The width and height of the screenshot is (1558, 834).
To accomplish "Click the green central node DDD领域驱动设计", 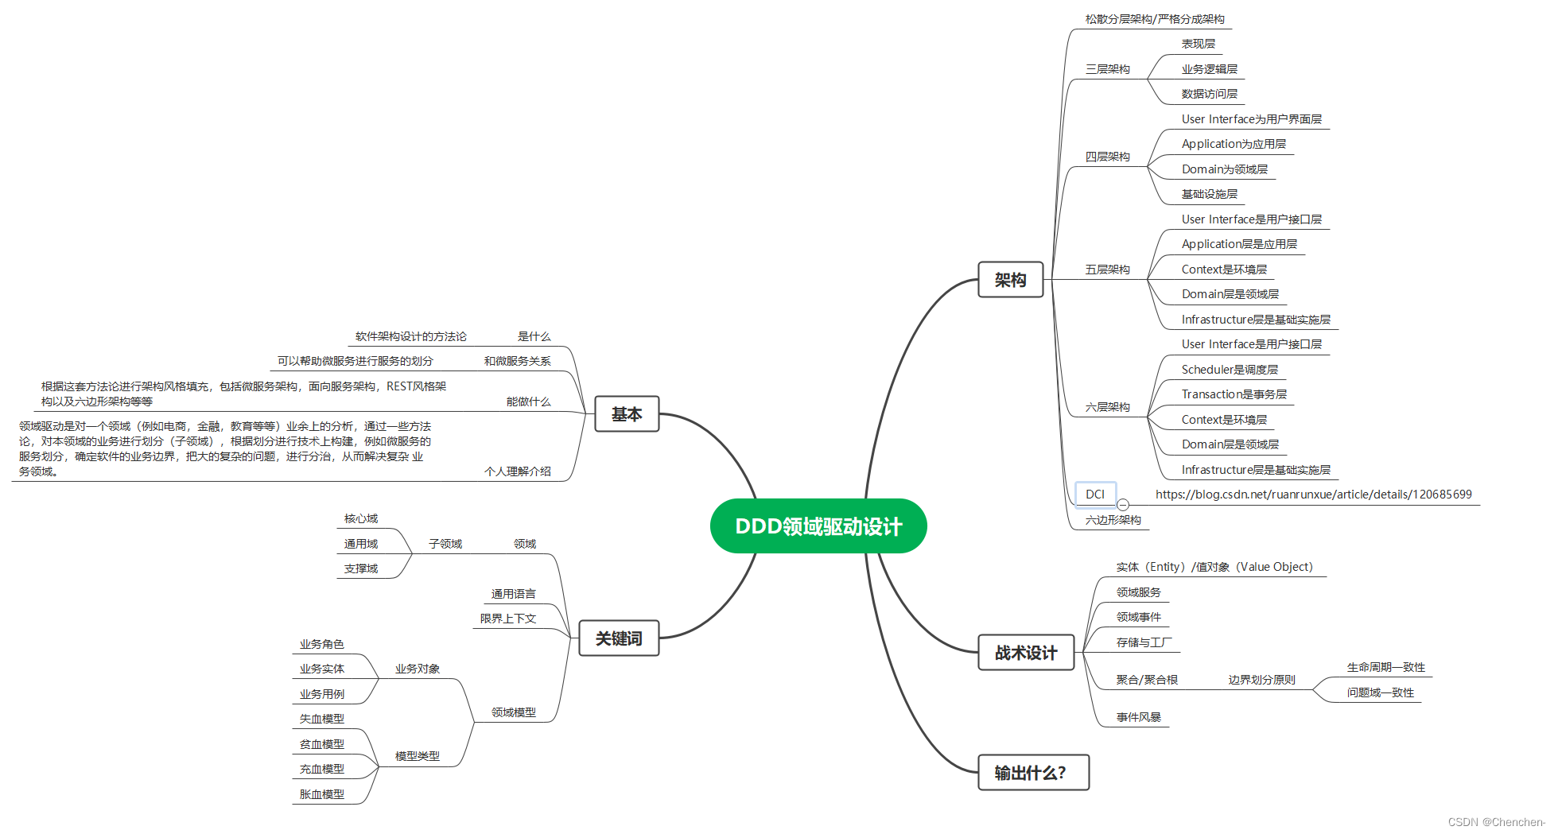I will [818, 526].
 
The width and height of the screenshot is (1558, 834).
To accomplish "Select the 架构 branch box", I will [1010, 280].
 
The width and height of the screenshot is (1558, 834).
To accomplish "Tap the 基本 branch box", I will [627, 414].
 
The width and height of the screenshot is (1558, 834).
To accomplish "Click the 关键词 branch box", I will [619, 638].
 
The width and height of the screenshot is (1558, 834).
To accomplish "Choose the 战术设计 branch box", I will [1025, 653].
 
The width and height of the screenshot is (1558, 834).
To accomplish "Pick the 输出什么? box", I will [1032, 773].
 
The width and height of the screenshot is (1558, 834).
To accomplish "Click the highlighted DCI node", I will [1095, 495].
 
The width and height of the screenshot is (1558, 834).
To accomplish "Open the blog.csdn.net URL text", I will [1313, 495].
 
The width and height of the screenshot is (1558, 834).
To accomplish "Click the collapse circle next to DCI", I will [1123, 505].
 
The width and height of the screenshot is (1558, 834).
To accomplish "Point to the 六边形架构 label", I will [1113, 520].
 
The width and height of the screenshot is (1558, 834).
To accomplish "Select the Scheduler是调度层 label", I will [1230, 370].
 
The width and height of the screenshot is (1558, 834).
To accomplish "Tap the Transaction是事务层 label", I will [1234, 394].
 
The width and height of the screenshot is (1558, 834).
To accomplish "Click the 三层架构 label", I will [1107, 69].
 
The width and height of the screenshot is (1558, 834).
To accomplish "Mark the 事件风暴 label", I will [1138, 717].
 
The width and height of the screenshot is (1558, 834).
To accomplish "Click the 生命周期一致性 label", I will [1385, 667].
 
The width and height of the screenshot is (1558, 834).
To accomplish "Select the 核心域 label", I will [361, 518].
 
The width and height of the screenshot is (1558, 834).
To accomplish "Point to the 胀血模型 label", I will [322, 794].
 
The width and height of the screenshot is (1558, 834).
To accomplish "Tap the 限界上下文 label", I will [508, 619].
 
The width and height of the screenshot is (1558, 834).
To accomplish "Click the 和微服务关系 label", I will [517, 361].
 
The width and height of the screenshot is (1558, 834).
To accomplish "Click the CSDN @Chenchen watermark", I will [1495, 822].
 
